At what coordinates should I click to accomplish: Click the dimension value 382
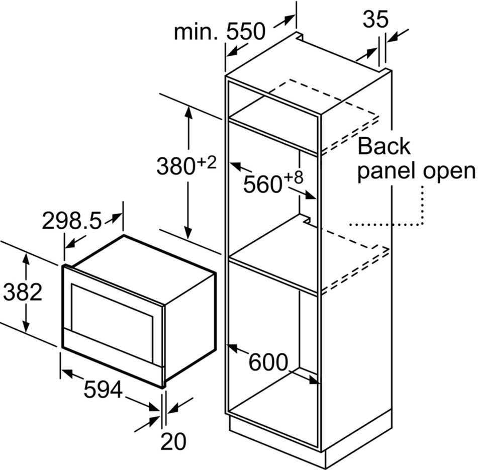23,292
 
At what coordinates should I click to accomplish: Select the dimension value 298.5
71,221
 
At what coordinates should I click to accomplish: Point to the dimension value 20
173,441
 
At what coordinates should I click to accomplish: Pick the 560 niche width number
261,184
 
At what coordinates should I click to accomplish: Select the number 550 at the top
245,32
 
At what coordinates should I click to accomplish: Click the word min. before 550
196,32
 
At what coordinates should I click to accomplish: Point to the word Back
384,146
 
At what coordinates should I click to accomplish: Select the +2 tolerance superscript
207,161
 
